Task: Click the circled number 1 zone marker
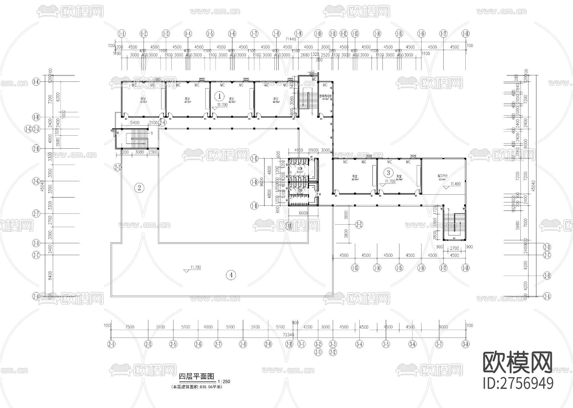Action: click(x=219, y=95)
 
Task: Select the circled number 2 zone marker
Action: click(x=139, y=188)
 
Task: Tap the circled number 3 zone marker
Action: click(x=388, y=173)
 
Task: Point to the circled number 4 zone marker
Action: click(x=231, y=275)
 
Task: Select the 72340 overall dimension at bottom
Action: click(x=288, y=335)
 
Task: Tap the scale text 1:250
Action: click(x=224, y=382)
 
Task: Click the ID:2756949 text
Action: click(x=518, y=383)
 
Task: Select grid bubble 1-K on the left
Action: click(x=36, y=82)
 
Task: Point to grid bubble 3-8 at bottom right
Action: click(x=465, y=344)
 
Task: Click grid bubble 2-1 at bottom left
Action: click(x=111, y=344)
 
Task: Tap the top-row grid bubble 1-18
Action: click(x=465, y=33)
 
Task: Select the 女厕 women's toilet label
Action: click(x=300, y=169)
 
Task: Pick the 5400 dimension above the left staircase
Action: click(x=135, y=123)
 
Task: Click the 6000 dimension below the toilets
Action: click(x=303, y=213)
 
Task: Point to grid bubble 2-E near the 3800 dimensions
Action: click(x=359, y=225)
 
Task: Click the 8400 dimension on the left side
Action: click(x=49, y=275)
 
